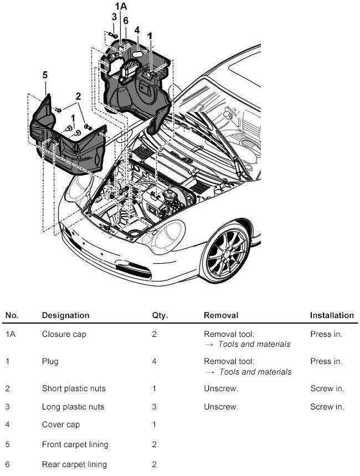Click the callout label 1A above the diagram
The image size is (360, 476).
click(120, 7)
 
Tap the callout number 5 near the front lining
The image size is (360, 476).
click(45, 75)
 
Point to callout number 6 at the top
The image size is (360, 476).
click(126, 20)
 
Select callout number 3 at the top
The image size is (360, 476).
click(114, 17)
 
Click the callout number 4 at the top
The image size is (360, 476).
click(136, 30)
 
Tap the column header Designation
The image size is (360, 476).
click(65, 315)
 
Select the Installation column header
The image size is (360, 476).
click(331, 315)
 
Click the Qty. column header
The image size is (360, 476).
click(160, 315)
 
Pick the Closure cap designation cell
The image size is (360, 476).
click(64, 334)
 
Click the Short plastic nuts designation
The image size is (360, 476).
click(73, 388)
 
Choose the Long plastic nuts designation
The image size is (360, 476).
click(73, 407)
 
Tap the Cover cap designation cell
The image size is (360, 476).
click(60, 425)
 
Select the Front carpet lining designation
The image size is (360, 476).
click(75, 444)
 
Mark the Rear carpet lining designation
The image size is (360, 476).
click(74, 464)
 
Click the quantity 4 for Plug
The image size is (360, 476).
click(154, 361)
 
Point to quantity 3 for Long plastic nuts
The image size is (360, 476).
click(154, 407)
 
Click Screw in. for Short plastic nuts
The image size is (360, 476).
click(327, 388)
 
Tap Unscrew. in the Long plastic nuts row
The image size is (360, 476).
click(220, 407)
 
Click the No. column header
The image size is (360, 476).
click(12, 315)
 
